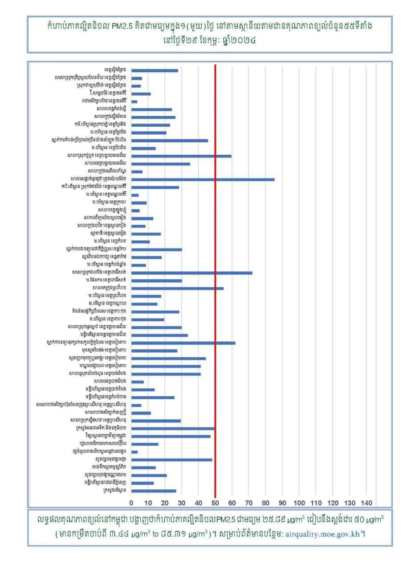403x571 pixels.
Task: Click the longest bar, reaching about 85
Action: click(203, 179)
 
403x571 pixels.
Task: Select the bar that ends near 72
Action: click(192, 273)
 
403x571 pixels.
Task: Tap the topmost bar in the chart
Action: click(155, 70)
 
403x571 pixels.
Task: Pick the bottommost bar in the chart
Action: click(154, 491)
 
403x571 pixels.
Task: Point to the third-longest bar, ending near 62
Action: click(183, 343)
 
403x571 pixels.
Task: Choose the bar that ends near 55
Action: click(178, 288)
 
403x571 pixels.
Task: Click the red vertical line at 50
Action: click(215, 285)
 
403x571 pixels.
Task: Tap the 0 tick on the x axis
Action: click(131, 503)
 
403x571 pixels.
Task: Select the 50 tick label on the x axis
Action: click(215, 503)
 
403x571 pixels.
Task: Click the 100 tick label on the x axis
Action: click(299, 503)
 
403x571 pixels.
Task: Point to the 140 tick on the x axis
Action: click(366, 503)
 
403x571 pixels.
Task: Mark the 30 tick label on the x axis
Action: click(182, 503)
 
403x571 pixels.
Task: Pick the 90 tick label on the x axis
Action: click(282, 503)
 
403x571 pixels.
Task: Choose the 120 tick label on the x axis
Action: click(333, 503)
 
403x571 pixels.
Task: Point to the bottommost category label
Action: click(114, 491)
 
